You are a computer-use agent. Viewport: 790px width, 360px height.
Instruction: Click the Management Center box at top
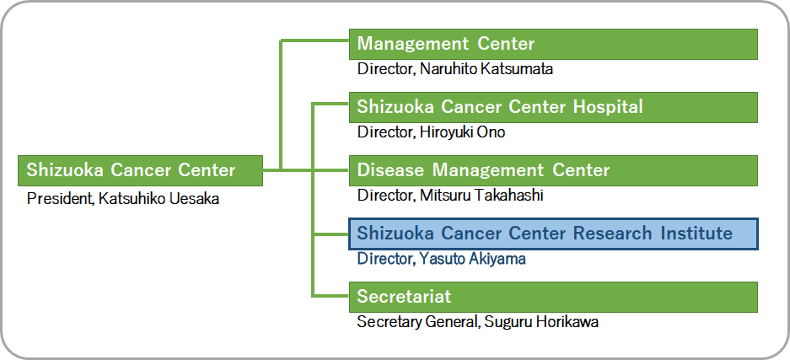point(553,44)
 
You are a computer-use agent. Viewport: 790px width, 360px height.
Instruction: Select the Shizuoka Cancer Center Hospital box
point(553,107)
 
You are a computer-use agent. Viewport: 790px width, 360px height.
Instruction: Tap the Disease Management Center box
point(553,170)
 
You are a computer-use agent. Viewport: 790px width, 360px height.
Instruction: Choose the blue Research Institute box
point(553,234)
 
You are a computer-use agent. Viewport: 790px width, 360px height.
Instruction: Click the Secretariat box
point(553,297)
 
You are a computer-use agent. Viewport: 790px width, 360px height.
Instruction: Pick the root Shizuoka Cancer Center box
point(140,170)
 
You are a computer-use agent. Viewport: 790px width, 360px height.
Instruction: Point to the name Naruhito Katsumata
point(486,69)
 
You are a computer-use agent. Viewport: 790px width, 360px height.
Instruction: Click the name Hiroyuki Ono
point(463,132)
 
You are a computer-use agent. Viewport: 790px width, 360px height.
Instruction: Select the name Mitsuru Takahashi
point(481,196)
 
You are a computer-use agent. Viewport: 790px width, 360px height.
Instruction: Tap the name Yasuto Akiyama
point(473,259)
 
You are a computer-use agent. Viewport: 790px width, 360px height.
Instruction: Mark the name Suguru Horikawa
point(541,322)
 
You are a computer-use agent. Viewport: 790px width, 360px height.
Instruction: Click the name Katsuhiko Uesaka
point(159,199)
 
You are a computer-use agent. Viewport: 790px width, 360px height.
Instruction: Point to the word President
point(60,199)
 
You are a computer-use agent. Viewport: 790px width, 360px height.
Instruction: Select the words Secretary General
point(417,322)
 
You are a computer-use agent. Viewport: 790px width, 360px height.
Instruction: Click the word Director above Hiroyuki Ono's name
point(386,132)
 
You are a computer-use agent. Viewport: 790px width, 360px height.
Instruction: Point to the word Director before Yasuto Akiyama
point(386,259)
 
